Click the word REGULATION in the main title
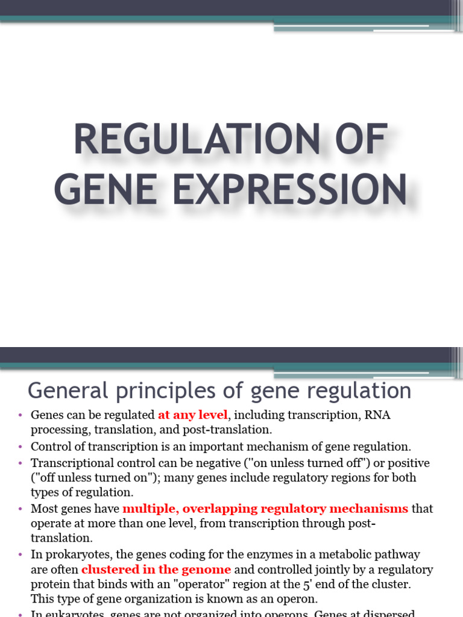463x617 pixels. pos(188,140)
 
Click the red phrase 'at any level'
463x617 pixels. pos(193,415)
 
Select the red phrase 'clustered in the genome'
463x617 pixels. pos(156,569)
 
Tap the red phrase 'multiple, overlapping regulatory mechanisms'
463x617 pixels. pos(265,509)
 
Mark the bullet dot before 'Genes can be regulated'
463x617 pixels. pos(20,415)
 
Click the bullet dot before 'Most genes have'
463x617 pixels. pos(20,509)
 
